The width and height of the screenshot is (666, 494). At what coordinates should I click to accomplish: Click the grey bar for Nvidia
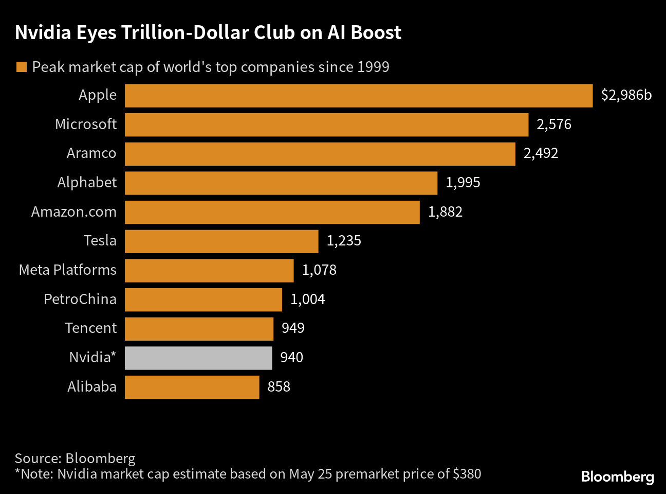point(198,358)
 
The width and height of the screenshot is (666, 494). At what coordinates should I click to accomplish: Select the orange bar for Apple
point(359,96)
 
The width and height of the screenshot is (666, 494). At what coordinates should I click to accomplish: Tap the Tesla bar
point(221,241)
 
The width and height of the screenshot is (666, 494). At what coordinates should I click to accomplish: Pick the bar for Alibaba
point(192,387)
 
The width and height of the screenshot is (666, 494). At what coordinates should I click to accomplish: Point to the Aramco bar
point(320,154)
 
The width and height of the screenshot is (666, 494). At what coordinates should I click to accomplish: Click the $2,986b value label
point(626,95)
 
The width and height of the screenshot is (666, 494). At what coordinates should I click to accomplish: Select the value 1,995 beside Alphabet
point(462,183)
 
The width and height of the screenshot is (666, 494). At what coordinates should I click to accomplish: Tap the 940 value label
point(291,358)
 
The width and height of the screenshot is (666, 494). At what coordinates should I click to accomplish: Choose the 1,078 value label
point(319,270)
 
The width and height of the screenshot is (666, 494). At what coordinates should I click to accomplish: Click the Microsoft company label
point(86,125)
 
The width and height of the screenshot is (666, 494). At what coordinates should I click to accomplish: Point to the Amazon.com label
point(74,212)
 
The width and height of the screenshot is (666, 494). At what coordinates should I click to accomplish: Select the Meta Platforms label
point(68,270)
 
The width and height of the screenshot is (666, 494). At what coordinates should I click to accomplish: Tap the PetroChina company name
point(80,299)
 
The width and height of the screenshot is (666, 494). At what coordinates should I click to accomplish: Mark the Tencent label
point(91,328)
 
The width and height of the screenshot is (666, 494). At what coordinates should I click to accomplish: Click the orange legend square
point(22,67)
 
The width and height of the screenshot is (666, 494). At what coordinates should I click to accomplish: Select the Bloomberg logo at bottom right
point(617,477)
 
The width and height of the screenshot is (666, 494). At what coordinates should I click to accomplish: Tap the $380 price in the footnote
point(467,474)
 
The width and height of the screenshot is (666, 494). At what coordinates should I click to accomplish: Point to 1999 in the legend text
point(373,67)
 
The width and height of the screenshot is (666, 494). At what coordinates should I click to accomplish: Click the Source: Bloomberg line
point(75,458)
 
